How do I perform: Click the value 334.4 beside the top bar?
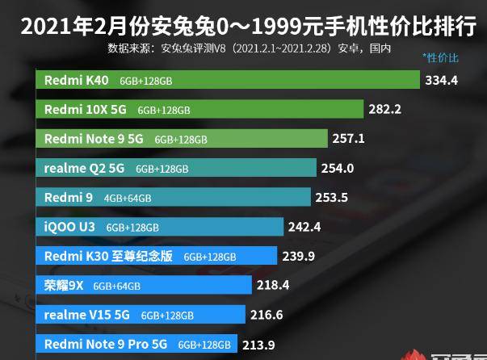[x=442, y=80]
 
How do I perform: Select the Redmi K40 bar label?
[x=77, y=80]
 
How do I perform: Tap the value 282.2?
[x=385, y=109]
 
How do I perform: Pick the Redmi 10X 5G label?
[x=86, y=109]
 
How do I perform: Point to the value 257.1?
[x=349, y=138]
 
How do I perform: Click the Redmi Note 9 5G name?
[x=94, y=139]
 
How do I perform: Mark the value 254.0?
[x=338, y=168]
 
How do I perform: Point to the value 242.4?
[x=304, y=227]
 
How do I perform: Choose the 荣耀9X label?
[x=63, y=285]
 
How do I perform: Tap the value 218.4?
[x=272, y=285]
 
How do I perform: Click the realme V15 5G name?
[x=87, y=314]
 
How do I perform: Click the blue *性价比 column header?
[x=440, y=57]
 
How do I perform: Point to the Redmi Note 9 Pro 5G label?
[x=107, y=344]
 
